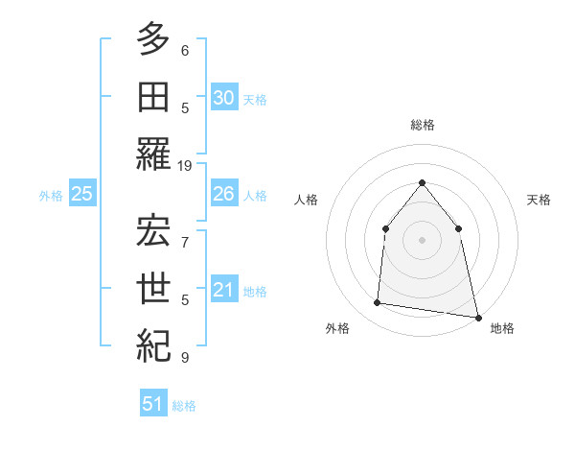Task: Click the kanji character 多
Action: pos(153,39)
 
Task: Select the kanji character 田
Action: pos(153,96)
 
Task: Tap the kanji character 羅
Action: pos(153,154)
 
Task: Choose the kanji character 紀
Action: pos(153,344)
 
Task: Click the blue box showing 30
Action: pos(223,97)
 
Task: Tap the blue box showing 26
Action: pos(223,194)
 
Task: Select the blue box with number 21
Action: pos(223,290)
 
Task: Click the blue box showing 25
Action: pos(81,194)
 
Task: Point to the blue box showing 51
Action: pos(152,404)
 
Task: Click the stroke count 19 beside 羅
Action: pos(185,165)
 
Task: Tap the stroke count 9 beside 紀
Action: pos(185,358)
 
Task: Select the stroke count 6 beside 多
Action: pos(185,48)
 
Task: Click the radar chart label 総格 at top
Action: pos(422,125)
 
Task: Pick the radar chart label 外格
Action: pos(337,328)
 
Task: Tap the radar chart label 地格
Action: pos(502,328)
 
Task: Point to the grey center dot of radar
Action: pos(422,240)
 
